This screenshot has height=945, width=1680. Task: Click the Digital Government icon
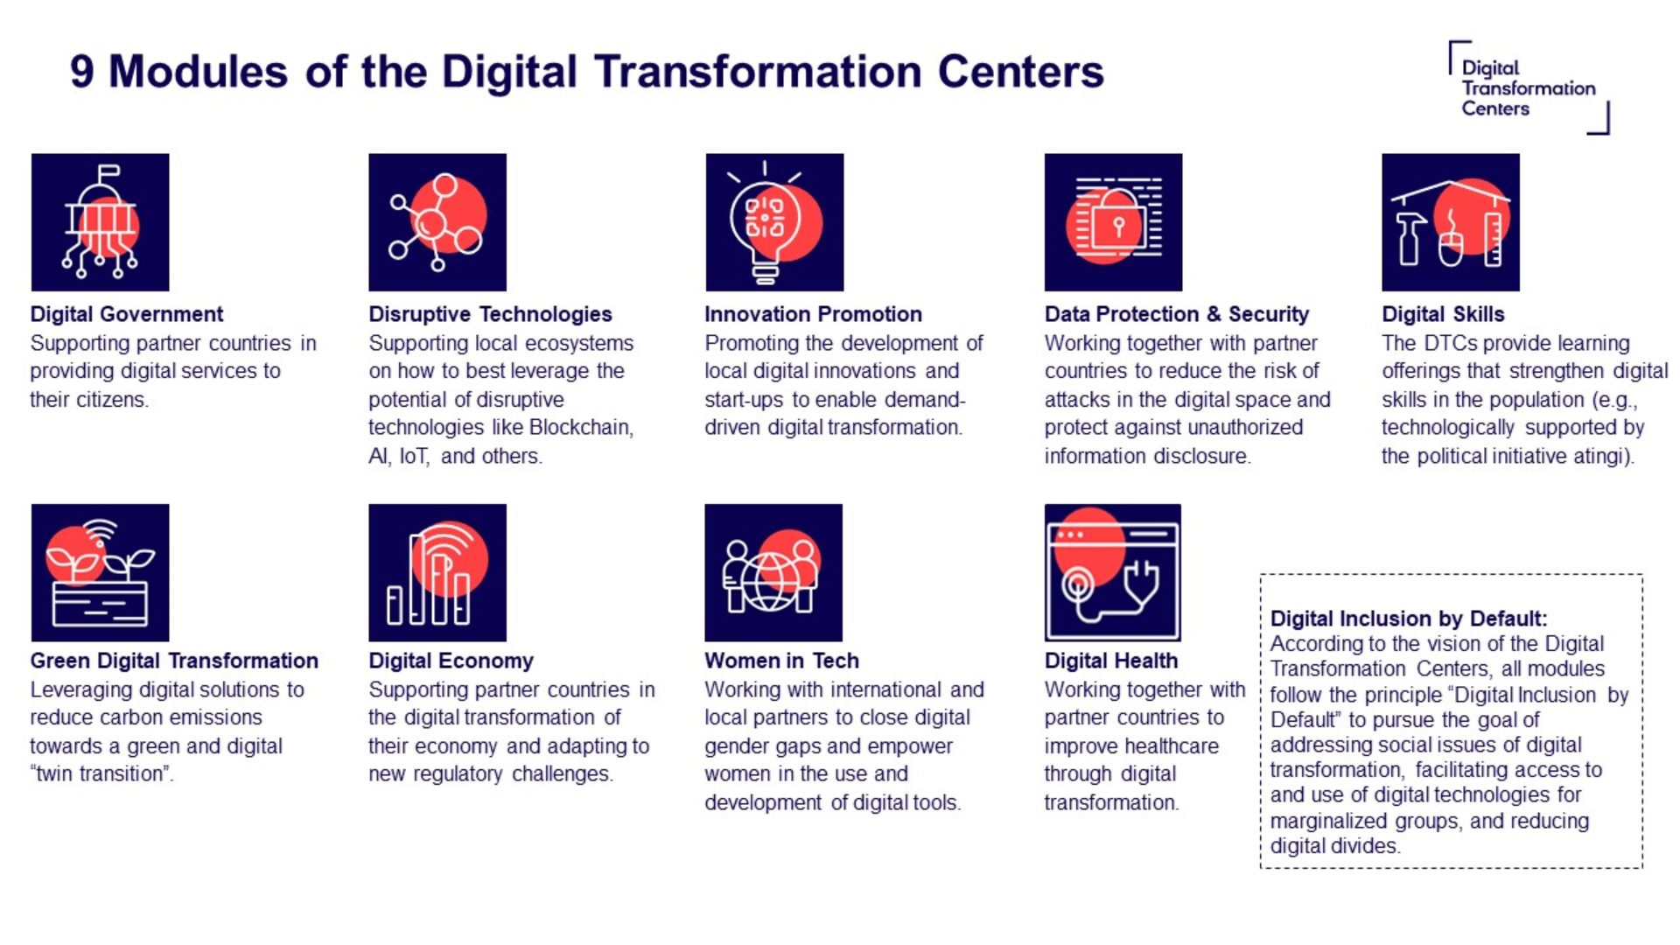[x=100, y=222]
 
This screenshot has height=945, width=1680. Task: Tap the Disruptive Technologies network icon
[x=437, y=222]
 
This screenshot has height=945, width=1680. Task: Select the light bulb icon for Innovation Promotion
[x=774, y=222]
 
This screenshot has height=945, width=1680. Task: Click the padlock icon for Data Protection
[x=1113, y=222]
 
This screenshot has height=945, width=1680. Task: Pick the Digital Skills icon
[x=1451, y=222]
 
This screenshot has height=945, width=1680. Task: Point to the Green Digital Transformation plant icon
[x=100, y=572]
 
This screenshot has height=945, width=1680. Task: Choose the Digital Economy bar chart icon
[x=437, y=572]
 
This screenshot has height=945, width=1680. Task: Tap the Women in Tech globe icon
[x=773, y=572]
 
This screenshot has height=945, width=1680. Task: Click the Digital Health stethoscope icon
[x=1113, y=572]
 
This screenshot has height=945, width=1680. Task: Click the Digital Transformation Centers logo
[x=1529, y=87]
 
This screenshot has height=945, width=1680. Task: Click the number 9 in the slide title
[x=81, y=72]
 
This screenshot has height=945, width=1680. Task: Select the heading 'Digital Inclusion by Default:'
[x=1409, y=619]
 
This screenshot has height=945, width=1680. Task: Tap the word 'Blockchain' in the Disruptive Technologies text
[x=580, y=428]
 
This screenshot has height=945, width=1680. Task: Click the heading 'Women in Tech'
[x=782, y=661]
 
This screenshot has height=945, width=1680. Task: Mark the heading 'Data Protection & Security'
[x=1177, y=314]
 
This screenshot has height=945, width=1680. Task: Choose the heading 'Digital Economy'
[x=451, y=661]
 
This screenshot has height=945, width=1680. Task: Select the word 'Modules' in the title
[x=198, y=72]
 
